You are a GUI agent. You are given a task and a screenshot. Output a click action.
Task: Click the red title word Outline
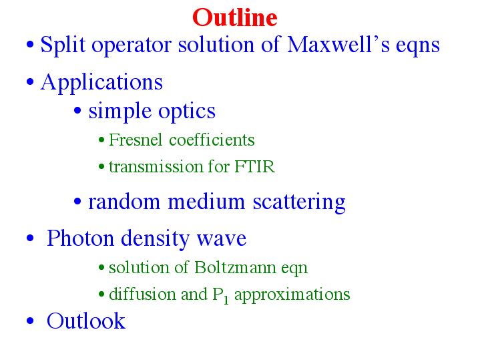click(x=235, y=17)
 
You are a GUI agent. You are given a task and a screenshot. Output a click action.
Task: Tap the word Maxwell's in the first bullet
click(x=338, y=45)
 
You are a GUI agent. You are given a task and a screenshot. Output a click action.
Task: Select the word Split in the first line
click(x=63, y=45)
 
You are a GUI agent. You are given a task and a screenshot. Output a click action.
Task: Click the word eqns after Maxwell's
click(x=417, y=47)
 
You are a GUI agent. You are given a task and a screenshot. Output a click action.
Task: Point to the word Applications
click(x=101, y=83)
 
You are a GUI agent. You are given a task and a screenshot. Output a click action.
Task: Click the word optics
click(x=187, y=112)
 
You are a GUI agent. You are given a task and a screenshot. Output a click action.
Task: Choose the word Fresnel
click(x=136, y=140)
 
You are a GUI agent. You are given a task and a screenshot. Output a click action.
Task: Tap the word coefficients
click(x=212, y=140)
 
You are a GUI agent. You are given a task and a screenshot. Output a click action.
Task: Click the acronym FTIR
click(x=255, y=167)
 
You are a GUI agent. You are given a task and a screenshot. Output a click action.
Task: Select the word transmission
click(x=156, y=167)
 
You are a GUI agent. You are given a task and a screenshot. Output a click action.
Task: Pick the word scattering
click(x=299, y=202)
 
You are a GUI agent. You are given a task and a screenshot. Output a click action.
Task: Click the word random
click(x=124, y=202)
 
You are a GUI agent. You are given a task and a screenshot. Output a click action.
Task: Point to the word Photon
click(x=80, y=238)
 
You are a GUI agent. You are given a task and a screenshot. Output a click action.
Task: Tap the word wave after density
click(x=222, y=239)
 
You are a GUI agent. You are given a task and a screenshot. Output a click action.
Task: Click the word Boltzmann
click(x=235, y=267)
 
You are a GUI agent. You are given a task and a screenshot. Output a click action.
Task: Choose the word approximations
click(x=292, y=295)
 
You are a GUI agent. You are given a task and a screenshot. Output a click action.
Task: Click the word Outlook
click(x=86, y=321)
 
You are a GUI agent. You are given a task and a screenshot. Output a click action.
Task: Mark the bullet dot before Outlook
click(x=30, y=321)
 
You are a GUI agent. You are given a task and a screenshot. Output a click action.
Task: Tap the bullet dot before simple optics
click(x=77, y=111)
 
